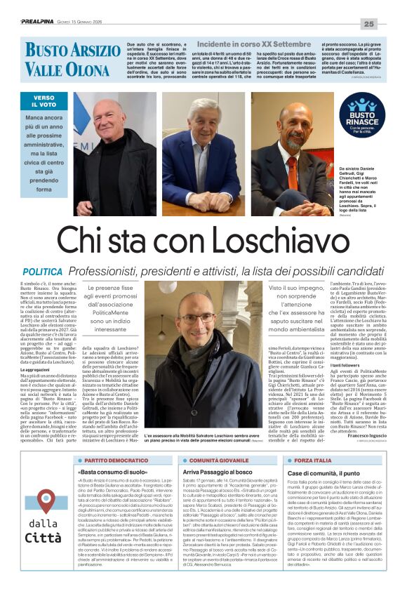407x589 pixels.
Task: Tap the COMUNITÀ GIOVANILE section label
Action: click(215, 460)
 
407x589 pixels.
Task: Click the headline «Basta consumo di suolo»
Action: click(112, 474)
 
